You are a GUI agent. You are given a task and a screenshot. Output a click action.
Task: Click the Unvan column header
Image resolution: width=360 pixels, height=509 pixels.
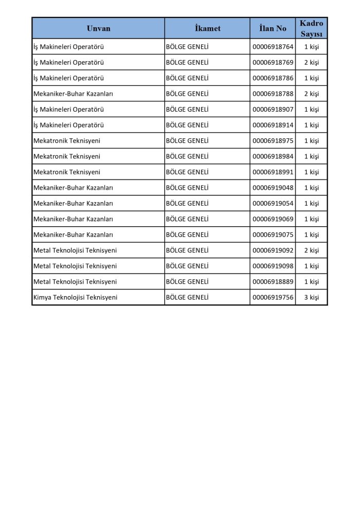coord(98,28)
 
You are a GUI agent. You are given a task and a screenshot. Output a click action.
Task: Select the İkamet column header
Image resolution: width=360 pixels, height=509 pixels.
coord(207,28)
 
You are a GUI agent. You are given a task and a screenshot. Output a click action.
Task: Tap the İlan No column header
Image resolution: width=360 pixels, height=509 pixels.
coord(273,28)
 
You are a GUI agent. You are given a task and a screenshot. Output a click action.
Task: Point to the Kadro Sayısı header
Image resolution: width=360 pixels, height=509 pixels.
coord(311,28)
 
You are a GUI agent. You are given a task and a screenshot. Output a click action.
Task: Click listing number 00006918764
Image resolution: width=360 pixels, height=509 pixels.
coord(273,47)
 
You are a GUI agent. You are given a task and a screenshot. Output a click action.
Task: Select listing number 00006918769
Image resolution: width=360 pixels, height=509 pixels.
coord(273,63)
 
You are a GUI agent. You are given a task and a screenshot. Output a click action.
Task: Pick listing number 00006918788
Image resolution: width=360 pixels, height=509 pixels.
coord(273,94)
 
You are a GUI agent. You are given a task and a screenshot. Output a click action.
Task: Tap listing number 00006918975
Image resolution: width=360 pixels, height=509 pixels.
coord(273,141)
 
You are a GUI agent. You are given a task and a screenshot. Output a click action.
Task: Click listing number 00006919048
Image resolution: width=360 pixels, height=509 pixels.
coord(273,188)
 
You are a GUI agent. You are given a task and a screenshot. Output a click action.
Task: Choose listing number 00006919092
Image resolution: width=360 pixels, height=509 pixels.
coord(273,250)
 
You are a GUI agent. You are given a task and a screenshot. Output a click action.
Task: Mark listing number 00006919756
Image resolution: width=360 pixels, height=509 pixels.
coord(273,297)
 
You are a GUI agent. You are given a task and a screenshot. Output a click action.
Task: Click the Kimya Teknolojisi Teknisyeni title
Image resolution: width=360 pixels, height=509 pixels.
coord(75,297)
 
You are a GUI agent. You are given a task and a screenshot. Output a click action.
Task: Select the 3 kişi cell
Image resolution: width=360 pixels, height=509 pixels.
coord(311,297)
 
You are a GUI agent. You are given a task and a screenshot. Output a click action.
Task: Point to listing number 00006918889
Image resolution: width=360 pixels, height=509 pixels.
coord(273,282)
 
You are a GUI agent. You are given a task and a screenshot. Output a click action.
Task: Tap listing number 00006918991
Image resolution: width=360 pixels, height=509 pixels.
coord(273,172)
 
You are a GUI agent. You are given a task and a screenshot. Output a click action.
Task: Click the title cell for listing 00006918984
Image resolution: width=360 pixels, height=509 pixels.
coord(67,156)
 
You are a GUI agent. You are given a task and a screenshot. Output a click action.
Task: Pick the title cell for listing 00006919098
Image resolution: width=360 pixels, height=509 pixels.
coord(75,266)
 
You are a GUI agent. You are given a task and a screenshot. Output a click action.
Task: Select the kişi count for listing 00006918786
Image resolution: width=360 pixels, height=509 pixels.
coord(311,78)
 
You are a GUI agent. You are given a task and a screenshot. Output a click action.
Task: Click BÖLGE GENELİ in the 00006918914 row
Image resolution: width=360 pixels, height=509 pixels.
coord(187,125)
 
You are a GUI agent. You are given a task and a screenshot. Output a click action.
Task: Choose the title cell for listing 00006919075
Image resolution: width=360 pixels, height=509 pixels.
coord(73,234)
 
